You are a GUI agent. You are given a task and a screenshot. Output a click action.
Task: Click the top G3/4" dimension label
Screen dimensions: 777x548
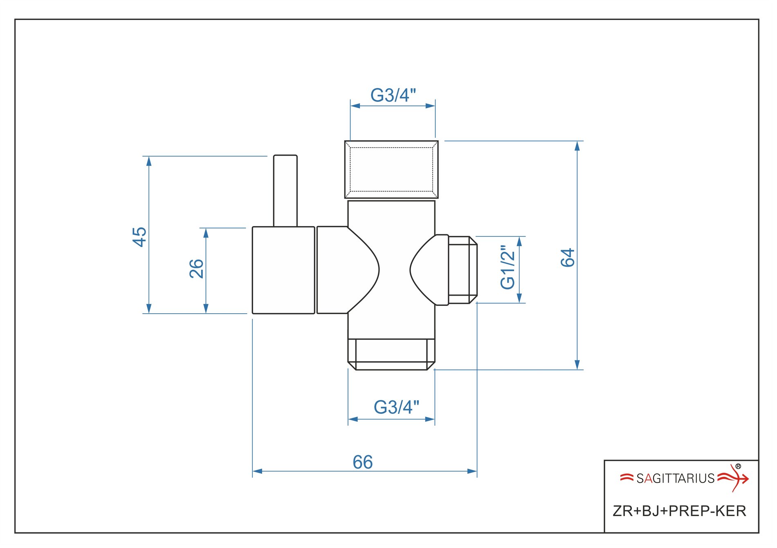393,95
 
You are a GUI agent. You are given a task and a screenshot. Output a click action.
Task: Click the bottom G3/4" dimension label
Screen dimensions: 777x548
396,407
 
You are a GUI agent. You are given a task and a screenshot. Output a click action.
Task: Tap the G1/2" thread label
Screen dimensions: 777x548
508,267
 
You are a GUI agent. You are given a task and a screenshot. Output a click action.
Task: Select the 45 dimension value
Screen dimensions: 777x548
139,237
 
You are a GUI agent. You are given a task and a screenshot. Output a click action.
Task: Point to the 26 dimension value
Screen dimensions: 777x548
197,269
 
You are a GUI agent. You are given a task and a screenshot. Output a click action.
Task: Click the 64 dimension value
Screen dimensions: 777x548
568,258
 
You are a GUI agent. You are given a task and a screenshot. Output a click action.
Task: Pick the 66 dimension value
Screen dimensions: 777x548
363,463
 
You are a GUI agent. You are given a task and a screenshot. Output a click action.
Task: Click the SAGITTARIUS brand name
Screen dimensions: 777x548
675,478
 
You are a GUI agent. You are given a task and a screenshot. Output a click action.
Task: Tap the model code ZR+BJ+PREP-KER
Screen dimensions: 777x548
679,511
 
